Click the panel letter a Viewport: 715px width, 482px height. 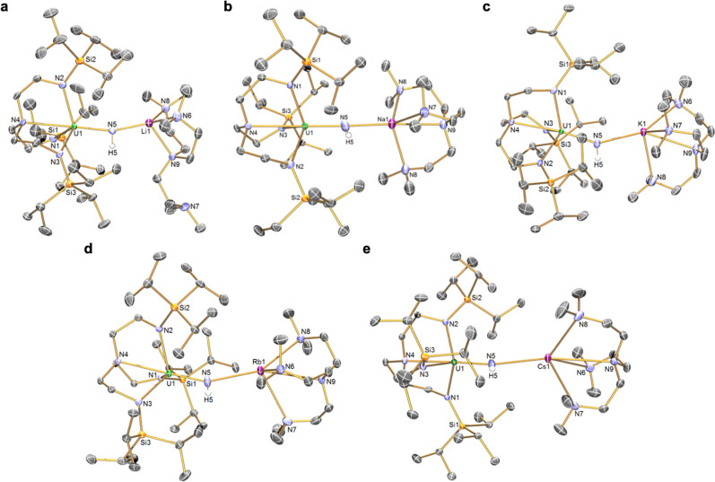point(8,8)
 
